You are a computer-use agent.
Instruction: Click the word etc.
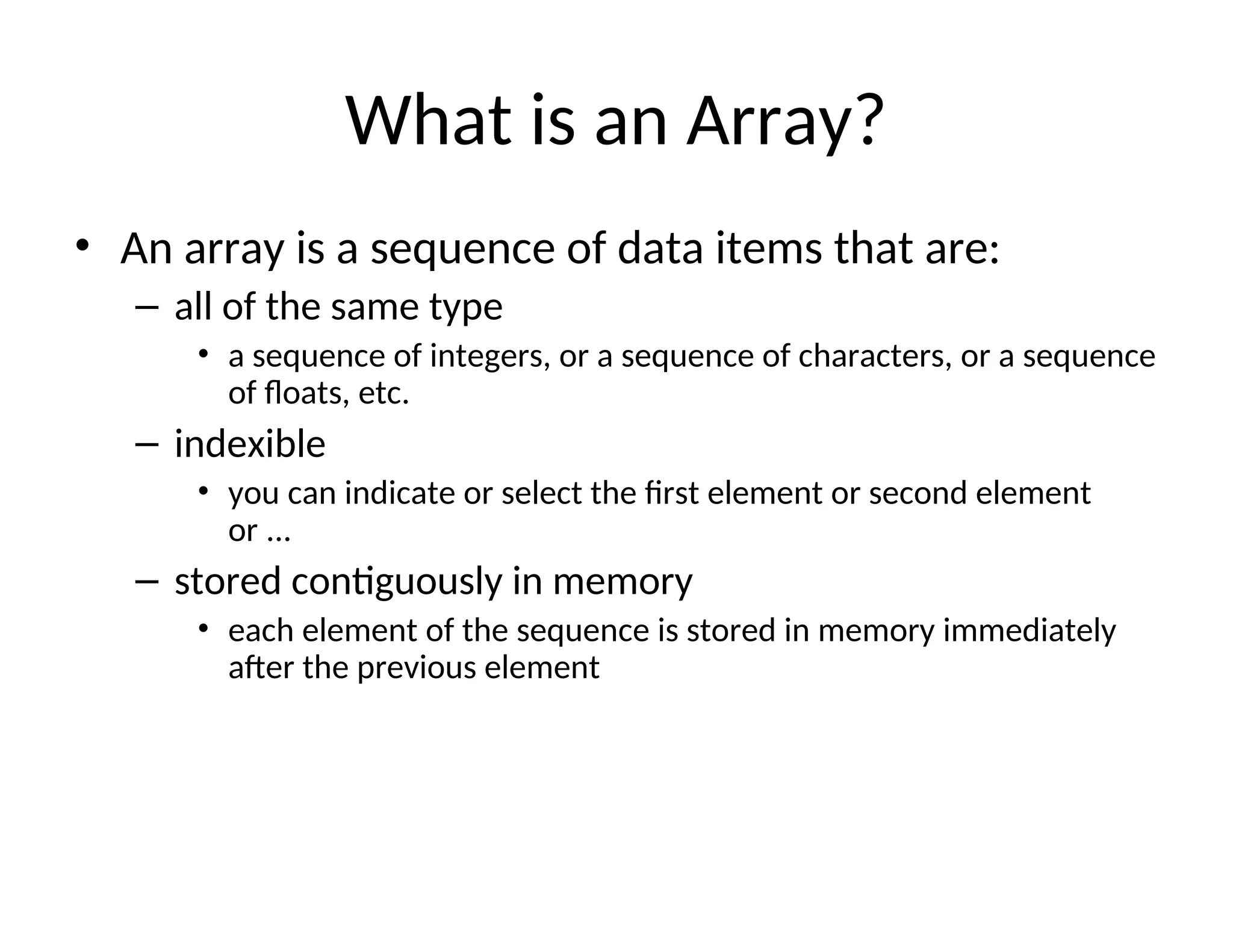384,393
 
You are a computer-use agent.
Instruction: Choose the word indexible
250,444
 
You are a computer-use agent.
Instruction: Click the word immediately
1029,631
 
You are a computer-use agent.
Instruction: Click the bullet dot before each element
203,629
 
